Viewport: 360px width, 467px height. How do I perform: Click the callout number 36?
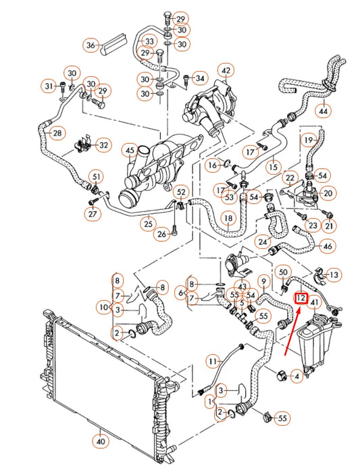tap(92, 45)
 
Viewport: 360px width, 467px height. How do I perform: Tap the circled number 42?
tap(225, 71)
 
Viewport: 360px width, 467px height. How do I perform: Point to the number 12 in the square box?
tap(301, 297)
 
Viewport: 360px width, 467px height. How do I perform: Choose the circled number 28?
tap(57, 132)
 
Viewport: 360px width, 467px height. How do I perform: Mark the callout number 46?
tap(328, 246)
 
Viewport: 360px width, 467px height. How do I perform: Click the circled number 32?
tap(103, 144)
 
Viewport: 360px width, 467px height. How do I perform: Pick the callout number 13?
tap(334, 274)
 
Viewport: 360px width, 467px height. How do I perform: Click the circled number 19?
tap(309, 140)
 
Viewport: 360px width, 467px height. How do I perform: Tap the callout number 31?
tap(48, 86)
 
